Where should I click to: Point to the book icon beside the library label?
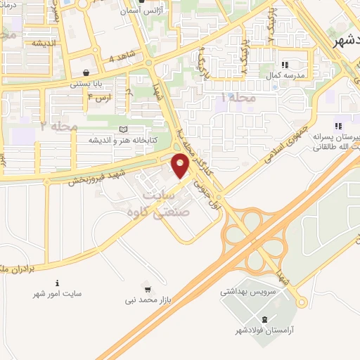point(124,129)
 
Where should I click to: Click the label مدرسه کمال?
point(284,75)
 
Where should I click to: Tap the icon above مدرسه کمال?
point(284,64)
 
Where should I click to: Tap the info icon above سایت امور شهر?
point(58,284)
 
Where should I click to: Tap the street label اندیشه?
point(44,43)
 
